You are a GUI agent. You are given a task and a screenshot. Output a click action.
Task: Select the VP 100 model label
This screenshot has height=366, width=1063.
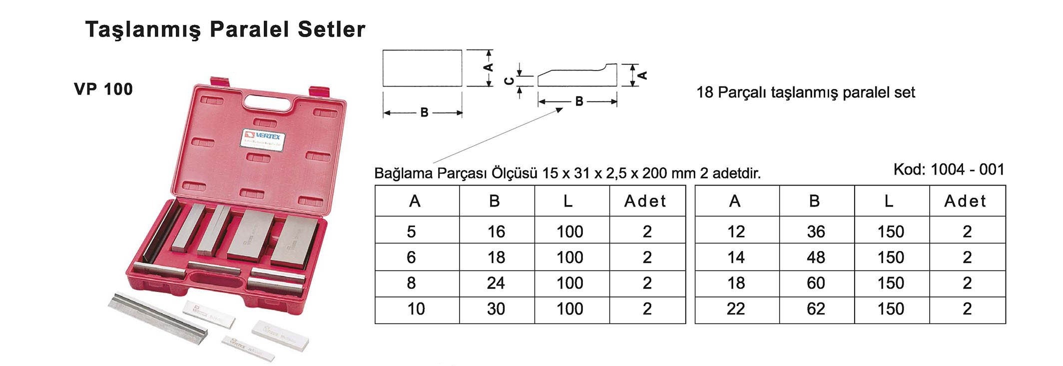tap(103, 89)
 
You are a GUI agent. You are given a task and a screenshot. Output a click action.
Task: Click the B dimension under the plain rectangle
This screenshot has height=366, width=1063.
tap(424, 112)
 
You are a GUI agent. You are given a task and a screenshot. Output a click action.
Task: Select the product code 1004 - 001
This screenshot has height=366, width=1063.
tap(967, 169)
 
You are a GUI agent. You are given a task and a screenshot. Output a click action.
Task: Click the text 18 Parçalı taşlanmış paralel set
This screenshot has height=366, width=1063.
tap(805, 92)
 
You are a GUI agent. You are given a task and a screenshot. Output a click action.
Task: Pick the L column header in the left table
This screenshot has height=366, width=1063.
tap(567, 201)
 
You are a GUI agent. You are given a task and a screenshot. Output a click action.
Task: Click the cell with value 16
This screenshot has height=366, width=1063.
tap(496, 231)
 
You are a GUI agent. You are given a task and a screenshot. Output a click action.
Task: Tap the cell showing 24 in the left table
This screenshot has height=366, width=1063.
tap(496, 283)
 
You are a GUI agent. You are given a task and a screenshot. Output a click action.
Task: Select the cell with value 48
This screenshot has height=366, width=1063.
tap(815, 257)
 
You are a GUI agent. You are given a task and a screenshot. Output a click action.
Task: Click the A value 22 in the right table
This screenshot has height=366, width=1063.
tap(735, 308)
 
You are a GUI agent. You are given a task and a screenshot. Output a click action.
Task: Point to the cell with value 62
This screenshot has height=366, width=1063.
tap(815, 308)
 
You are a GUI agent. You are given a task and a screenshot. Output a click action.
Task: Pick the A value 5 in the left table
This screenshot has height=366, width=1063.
tap(411, 231)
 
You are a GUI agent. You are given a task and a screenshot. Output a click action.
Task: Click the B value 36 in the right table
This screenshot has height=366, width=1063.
tap(815, 231)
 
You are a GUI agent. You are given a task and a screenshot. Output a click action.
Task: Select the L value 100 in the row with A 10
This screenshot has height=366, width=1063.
tap(569, 308)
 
